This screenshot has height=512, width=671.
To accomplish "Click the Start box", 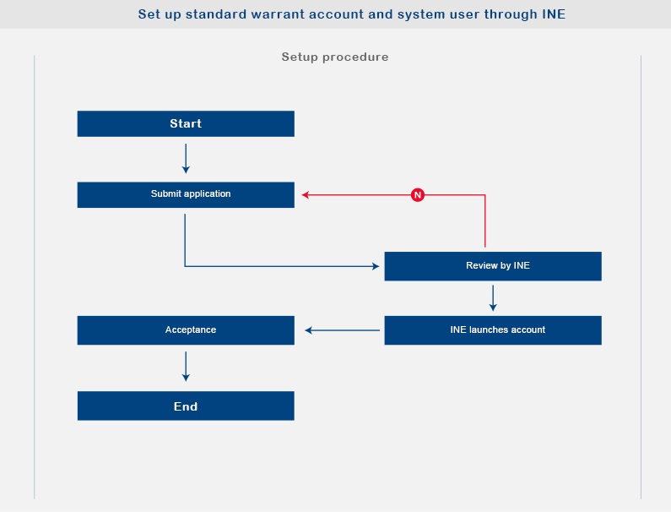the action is point(186,124).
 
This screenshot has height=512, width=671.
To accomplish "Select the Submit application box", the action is point(186,195).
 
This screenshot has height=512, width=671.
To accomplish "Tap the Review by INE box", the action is point(493,266).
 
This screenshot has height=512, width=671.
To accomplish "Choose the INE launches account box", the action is point(493,330).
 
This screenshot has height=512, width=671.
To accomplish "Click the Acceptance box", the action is point(186,330).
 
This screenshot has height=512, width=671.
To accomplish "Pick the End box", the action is point(186,406).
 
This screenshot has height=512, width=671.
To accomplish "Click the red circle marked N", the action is point(418,195).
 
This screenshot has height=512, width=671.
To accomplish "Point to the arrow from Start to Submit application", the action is point(186,159).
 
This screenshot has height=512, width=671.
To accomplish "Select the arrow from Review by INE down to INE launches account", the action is point(493,298).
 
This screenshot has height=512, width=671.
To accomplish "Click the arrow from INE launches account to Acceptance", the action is point(343,330).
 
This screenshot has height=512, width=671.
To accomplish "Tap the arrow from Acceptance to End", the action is point(186,367).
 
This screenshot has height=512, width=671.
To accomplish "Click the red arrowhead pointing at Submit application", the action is point(306,195).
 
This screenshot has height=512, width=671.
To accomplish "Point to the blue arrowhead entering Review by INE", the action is point(376,266).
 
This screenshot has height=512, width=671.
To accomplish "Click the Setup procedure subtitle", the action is point(335,57).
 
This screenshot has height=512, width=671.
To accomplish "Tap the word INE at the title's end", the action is point(554,14).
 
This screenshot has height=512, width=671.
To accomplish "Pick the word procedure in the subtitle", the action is point(355,57).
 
